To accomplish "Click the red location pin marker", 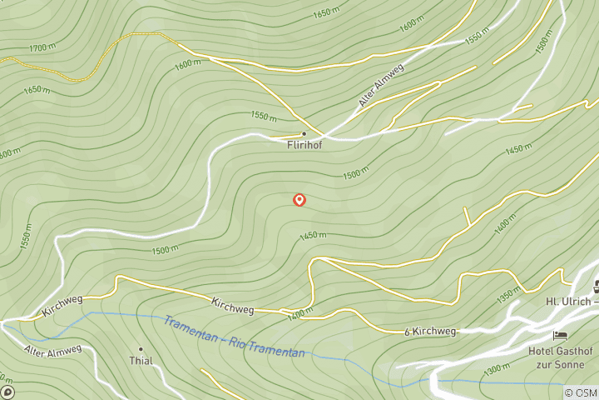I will [299, 200].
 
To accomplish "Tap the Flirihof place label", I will [304, 143].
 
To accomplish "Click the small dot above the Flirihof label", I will [304, 133].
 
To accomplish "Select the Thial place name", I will [140, 361].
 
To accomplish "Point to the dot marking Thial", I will [141, 349].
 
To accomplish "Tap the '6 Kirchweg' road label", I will [430, 332].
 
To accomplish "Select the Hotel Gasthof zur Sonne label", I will [562, 358].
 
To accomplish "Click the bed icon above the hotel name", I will [561, 336].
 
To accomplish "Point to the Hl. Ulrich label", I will [569, 301].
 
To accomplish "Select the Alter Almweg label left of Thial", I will [52, 348].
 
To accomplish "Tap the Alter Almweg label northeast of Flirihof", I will [379, 90].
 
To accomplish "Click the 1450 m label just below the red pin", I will [313, 236].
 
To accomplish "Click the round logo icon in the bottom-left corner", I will [7, 392].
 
